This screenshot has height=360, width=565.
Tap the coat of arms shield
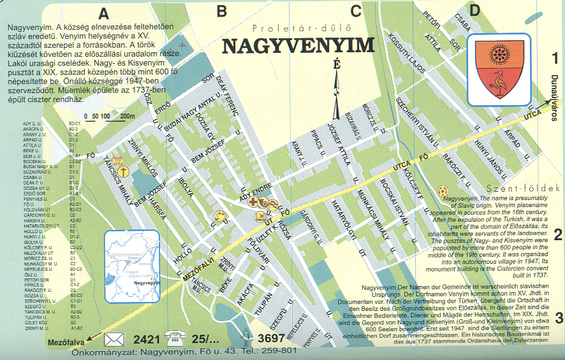pyautogui.click(x=499, y=69)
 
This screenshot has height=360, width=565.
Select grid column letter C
pyautogui.click(x=356, y=11)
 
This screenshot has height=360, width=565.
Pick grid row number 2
pyautogui.click(x=558, y=234)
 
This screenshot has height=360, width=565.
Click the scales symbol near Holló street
pyautogui.click(x=220, y=217)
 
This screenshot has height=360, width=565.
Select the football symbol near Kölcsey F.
pyautogui.click(x=442, y=191)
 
